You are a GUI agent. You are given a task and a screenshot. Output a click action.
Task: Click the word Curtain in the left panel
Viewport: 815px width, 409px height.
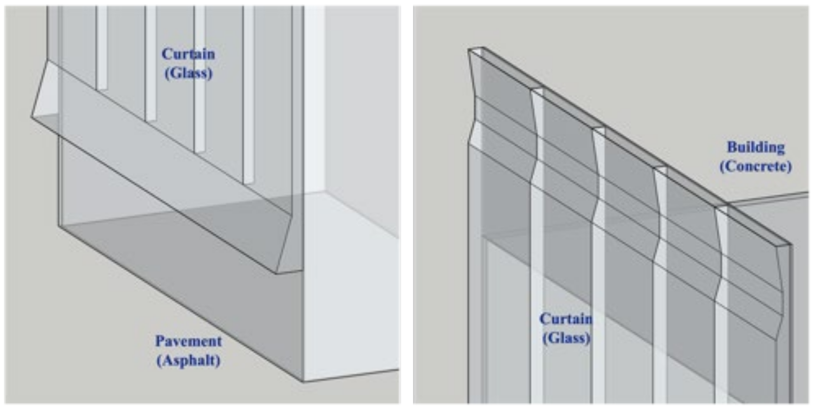click(x=188, y=54)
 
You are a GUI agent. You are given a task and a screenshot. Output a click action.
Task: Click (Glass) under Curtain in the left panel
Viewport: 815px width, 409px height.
click(x=189, y=73)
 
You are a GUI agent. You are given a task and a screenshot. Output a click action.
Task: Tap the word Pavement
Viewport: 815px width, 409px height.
click(x=188, y=341)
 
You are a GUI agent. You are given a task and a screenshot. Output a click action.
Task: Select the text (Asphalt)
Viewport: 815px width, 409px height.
click(x=189, y=360)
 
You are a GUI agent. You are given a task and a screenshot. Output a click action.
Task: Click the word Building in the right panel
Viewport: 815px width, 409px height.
click(x=756, y=147)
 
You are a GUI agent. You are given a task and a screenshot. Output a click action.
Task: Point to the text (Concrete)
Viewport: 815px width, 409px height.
click(x=755, y=166)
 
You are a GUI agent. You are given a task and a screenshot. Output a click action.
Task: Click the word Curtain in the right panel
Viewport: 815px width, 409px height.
click(x=566, y=319)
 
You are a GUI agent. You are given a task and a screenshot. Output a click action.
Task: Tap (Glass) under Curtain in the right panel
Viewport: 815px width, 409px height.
click(x=566, y=338)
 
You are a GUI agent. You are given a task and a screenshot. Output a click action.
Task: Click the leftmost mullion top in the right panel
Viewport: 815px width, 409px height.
click(x=477, y=51)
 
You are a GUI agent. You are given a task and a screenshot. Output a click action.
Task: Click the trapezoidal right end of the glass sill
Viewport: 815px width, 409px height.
click(x=289, y=247)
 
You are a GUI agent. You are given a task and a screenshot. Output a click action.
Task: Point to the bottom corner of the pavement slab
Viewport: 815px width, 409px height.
click(x=304, y=381)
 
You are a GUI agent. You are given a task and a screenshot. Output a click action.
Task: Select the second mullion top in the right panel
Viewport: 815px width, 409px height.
click(x=537, y=90)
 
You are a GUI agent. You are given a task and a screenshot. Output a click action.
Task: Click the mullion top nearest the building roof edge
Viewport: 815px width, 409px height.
click(x=721, y=208)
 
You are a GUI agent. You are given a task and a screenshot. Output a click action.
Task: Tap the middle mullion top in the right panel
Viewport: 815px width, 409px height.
click(x=599, y=129)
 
